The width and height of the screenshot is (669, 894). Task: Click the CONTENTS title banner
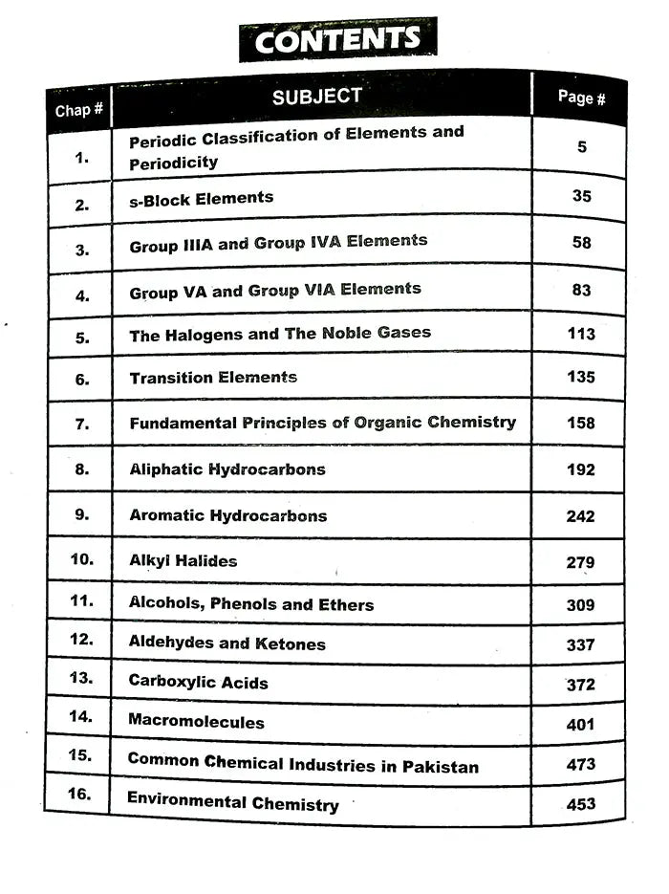[337, 40]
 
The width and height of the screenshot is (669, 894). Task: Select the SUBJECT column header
[317, 97]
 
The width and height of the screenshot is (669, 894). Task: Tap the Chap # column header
[79, 110]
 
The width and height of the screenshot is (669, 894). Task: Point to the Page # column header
[581, 98]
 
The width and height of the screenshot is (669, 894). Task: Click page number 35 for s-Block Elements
[581, 196]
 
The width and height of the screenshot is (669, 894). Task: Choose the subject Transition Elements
[213, 378]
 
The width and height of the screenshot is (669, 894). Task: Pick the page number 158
[580, 423]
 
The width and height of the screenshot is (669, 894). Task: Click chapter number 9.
[81, 514]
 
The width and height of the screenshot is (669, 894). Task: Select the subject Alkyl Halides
[183, 561]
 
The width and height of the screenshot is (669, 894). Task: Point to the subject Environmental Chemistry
[233, 801]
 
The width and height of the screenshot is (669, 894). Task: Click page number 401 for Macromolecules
[580, 725]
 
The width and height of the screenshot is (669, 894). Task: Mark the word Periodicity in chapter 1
[174, 163]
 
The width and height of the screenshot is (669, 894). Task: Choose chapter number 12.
[81, 639]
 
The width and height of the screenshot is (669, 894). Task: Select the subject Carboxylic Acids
[199, 683]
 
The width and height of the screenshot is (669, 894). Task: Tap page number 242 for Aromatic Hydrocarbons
[580, 516]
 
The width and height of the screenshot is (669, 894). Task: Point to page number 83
[581, 290]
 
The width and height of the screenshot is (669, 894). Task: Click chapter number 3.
[82, 251]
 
